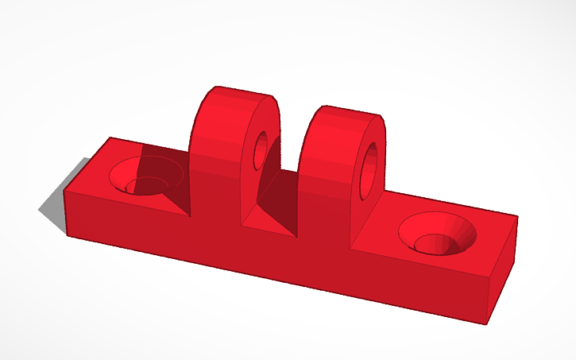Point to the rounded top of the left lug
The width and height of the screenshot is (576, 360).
pyautogui.click(x=238, y=95)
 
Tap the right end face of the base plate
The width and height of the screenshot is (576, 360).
pyautogui.click(x=498, y=266)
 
